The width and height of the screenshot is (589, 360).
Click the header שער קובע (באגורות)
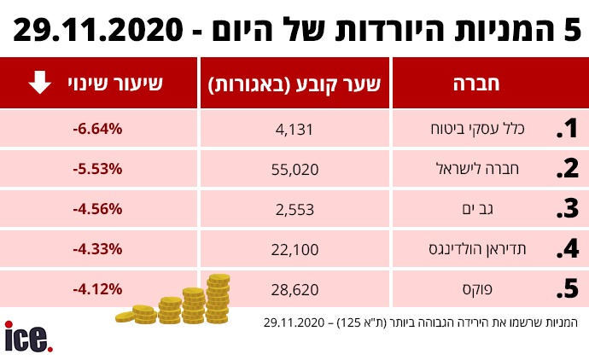coord(294,84)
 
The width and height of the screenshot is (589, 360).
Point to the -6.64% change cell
coord(98,129)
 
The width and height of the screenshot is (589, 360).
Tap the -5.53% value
coord(98,169)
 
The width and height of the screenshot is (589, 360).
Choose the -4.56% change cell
coord(98,209)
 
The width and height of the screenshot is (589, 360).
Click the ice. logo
coord(28,337)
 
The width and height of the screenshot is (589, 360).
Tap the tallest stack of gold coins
coord(219,299)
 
